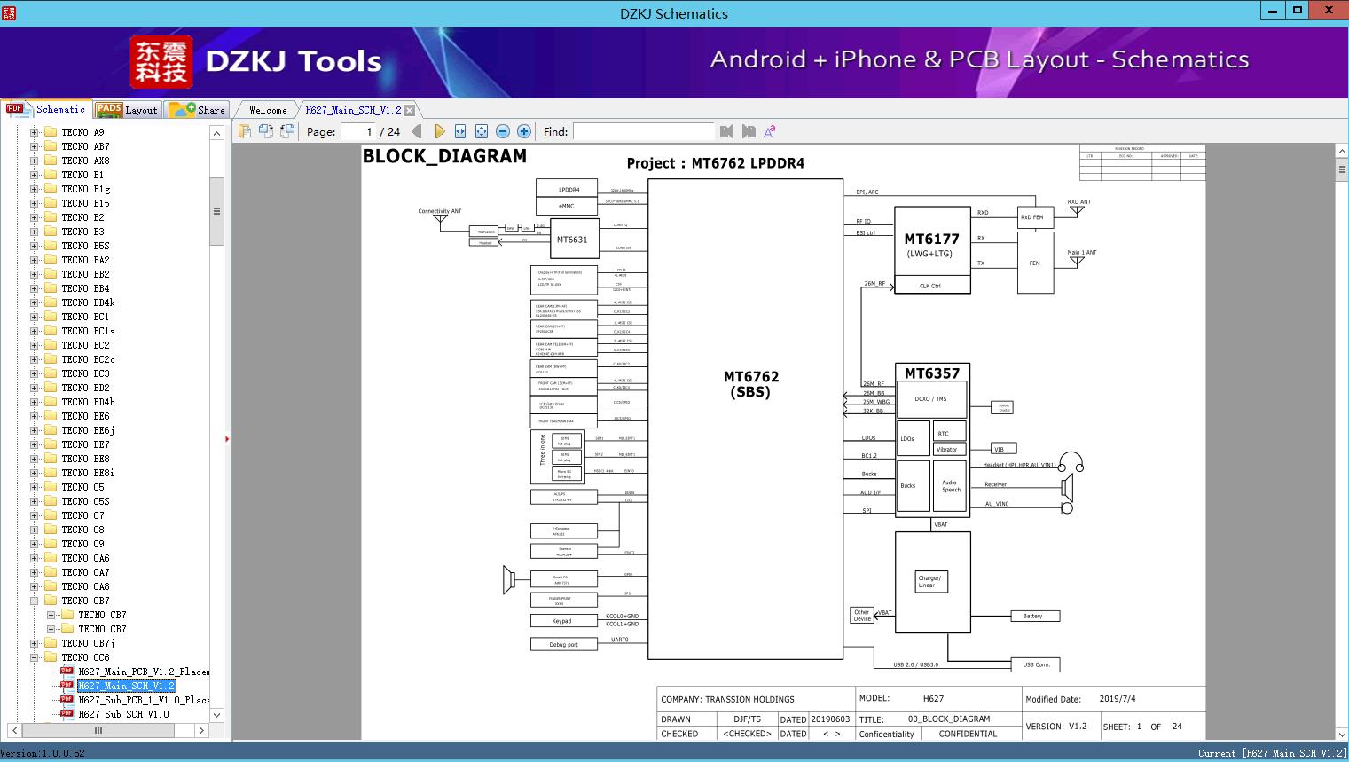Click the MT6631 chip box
[x=572, y=240]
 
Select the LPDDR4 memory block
[x=569, y=189]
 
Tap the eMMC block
[x=566, y=206]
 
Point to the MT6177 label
[x=931, y=239]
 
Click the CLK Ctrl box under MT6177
[x=931, y=286]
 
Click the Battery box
[x=1033, y=616]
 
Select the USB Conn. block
[x=1035, y=664]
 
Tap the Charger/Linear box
[x=931, y=582]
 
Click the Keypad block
[x=562, y=621]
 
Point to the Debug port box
[x=562, y=645]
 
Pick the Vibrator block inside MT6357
[x=948, y=450]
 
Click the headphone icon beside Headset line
[x=1071, y=462]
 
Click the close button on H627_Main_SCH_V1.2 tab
[x=410, y=110]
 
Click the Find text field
[x=643, y=131]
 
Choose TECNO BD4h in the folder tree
[x=88, y=402]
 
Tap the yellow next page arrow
[x=439, y=131]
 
